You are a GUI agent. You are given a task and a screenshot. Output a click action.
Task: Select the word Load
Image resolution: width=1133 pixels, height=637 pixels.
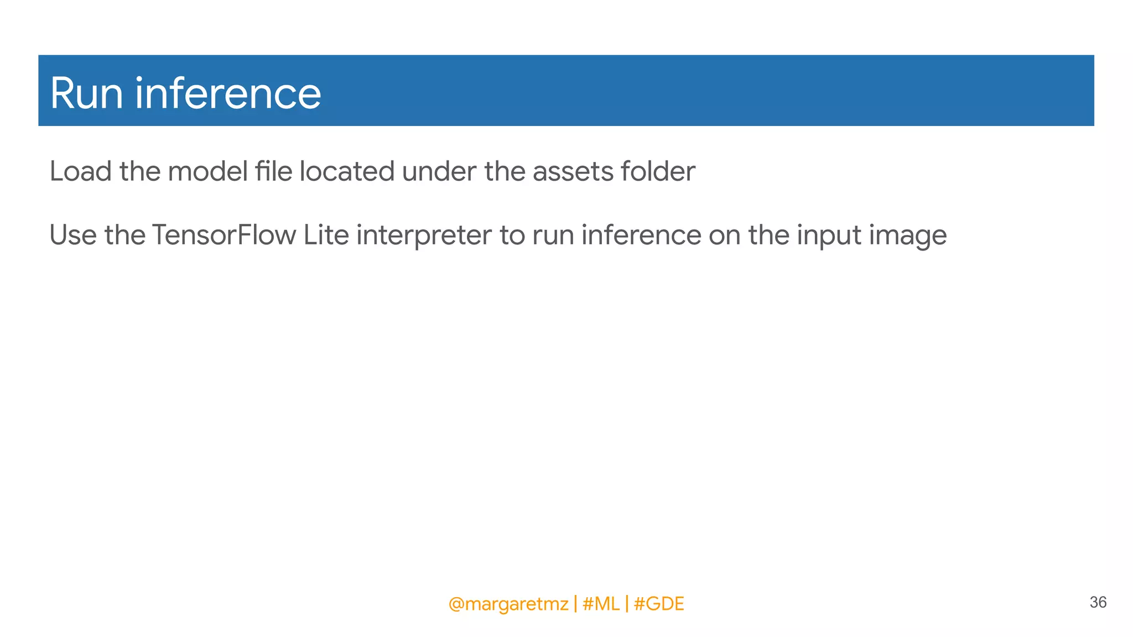[x=81, y=171]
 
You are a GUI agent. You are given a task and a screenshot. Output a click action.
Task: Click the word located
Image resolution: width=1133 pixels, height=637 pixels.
[x=347, y=171]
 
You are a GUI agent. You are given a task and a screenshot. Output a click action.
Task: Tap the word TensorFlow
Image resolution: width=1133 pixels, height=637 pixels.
[x=224, y=235]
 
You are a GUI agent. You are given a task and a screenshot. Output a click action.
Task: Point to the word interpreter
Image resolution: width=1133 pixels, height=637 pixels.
[x=424, y=236]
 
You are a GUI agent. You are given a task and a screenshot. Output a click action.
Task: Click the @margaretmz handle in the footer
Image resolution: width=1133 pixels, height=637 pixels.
[x=508, y=604]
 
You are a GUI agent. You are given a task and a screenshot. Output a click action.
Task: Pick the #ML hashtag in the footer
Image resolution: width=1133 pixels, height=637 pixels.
[x=601, y=604]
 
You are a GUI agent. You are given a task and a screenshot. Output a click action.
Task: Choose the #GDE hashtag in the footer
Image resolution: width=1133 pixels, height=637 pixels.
[x=659, y=604]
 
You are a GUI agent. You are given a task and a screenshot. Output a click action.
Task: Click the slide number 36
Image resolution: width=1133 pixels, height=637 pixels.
[x=1098, y=602]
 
